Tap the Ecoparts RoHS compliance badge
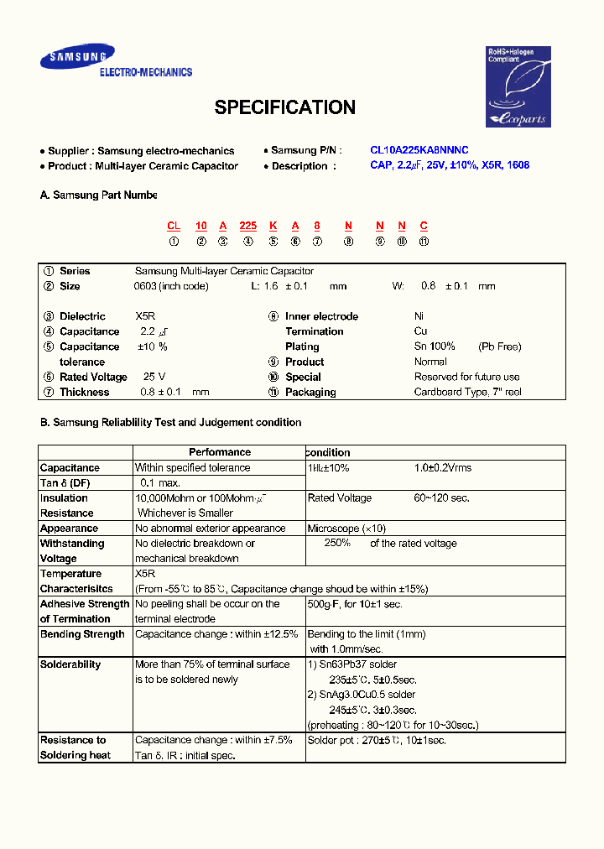point(518,87)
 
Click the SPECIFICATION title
point(284,107)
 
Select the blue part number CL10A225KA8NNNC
point(419,150)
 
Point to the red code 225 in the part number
point(247,226)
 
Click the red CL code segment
point(174,226)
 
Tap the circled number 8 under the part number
point(347,242)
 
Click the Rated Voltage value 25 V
point(154,377)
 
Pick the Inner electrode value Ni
point(419,316)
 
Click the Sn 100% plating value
point(435,346)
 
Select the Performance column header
point(220,452)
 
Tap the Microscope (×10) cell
point(346,529)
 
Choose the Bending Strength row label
point(82,634)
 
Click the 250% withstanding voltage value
point(336,543)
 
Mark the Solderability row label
point(70,664)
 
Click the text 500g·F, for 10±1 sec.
point(355,604)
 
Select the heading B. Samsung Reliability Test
point(170,423)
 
